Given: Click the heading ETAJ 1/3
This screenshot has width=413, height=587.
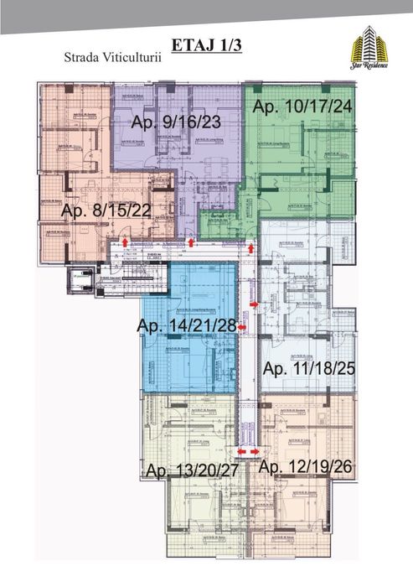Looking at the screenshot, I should (x=206, y=44).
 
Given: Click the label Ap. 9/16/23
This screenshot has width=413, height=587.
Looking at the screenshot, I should (x=188, y=123).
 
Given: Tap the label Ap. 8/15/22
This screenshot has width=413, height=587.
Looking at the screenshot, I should (x=106, y=210).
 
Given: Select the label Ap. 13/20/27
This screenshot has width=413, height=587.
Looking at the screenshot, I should (x=192, y=470).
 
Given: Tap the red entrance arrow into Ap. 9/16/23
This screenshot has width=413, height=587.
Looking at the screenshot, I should (x=193, y=242).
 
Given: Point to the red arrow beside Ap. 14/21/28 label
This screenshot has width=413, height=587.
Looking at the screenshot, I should (x=242, y=328).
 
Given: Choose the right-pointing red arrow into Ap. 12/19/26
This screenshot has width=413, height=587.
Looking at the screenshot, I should (x=256, y=451).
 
